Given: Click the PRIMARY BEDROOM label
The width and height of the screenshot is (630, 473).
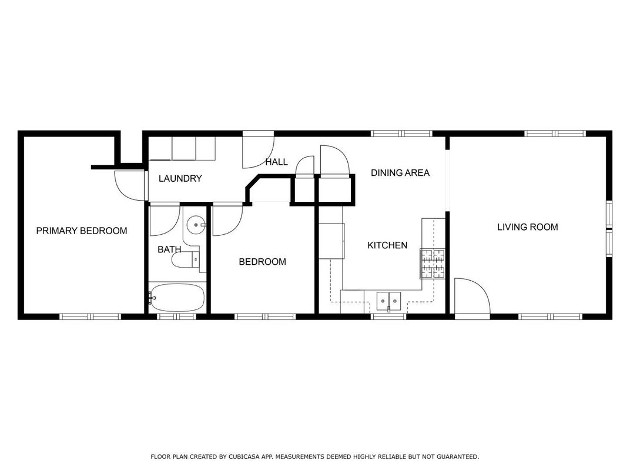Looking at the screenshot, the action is click(x=82, y=231).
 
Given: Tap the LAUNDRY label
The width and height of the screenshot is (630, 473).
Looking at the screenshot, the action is click(x=180, y=179).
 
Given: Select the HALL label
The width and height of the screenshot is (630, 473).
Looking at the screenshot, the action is click(x=276, y=162).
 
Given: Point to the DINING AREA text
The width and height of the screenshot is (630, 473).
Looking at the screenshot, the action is click(x=400, y=173).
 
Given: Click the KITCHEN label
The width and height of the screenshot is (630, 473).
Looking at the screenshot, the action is click(x=387, y=245).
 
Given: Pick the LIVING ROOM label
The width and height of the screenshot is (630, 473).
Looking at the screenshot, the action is click(x=528, y=227).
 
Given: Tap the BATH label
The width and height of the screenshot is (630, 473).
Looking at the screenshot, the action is click(x=169, y=250).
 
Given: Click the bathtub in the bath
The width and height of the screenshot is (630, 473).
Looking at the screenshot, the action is click(x=177, y=298).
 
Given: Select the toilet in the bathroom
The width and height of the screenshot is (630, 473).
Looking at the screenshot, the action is click(x=186, y=260).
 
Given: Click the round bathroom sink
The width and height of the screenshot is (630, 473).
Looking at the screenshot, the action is click(x=196, y=224).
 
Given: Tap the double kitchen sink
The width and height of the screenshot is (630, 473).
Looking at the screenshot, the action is click(x=388, y=299).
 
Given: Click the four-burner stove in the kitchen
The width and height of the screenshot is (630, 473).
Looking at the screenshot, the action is click(x=433, y=264).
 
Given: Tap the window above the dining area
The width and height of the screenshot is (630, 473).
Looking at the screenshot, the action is click(x=401, y=134).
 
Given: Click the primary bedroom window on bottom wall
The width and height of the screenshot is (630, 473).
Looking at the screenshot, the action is click(x=91, y=317).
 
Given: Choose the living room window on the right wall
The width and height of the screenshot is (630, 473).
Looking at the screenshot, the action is click(x=609, y=229).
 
